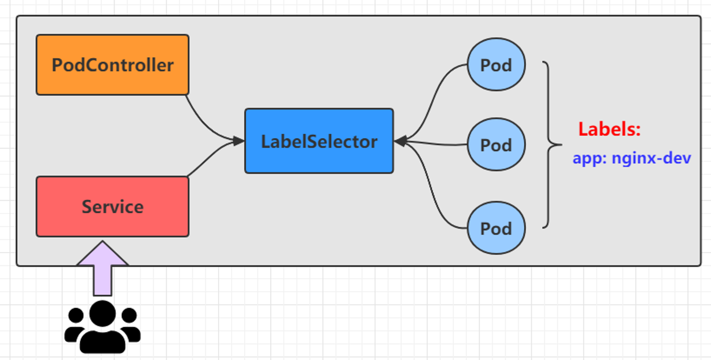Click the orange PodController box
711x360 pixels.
(x=112, y=65)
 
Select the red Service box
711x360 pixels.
(x=112, y=206)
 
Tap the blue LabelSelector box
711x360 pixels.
(x=319, y=141)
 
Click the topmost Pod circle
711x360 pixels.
(x=496, y=64)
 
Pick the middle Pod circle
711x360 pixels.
(x=496, y=144)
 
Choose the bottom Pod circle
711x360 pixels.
(x=496, y=228)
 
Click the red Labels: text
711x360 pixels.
(x=609, y=129)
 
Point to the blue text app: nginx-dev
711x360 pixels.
(x=632, y=158)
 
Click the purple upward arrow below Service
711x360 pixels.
(x=102, y=269)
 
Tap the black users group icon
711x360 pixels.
(x=102, y=327)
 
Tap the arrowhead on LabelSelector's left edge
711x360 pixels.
(x=239, y=141)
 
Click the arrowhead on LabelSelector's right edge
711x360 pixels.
(x=400, y=141)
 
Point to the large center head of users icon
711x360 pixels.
(x=102, y=313)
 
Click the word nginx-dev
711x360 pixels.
(x=651, y=158)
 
